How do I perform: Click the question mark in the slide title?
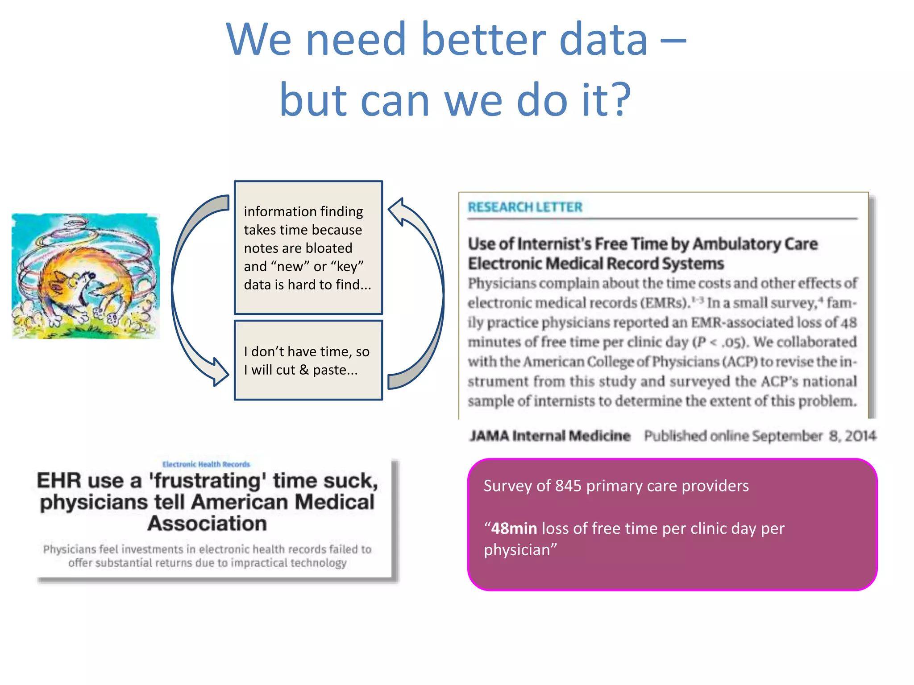tap(617, 99)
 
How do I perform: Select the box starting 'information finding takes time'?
tap(308, 248)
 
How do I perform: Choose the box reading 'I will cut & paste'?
tap(308, 360)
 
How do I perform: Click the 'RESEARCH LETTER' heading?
tap(525, 207)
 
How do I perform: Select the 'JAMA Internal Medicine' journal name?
tap(550, 436)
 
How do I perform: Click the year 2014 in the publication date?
tap(860, 436)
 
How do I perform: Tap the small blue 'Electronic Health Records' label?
tap(206, 464)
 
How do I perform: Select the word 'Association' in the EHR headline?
tap(208, 524)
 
